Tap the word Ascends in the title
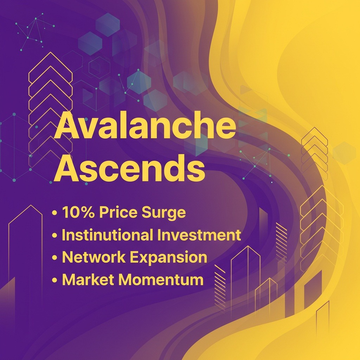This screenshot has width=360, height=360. (129, 168)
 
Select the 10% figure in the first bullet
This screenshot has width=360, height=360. (78, 212)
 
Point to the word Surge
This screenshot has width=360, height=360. (164, 213)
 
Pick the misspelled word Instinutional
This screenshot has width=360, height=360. (108, 234)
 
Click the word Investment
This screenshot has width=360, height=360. (199, 234)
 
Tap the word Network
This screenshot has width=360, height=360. (94, 257)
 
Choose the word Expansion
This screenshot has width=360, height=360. (169, 258)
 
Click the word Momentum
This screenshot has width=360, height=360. (161, 279)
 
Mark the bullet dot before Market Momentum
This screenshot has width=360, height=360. (54, 280)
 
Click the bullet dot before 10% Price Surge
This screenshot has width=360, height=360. (54, 213)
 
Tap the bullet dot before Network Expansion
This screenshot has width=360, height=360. (54, 258)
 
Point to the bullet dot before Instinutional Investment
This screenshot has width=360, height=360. (54, 235)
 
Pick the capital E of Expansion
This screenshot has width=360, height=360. (135, 257)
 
